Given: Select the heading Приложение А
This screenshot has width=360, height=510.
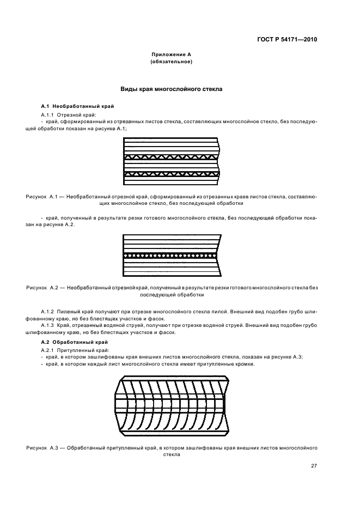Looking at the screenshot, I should point(171,55).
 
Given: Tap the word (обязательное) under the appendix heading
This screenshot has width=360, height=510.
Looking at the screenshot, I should point(171,62).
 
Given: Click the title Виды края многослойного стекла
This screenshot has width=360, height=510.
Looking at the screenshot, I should point(171,88).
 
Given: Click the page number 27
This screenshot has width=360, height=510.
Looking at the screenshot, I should point(314,465).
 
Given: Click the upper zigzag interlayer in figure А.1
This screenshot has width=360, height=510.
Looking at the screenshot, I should point(171,157).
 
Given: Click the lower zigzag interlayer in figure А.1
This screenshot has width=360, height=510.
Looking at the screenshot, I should point(171,174).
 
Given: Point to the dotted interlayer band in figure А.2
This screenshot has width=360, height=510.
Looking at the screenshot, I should point(171,255).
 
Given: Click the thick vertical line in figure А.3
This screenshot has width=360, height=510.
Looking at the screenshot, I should point(224,404).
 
